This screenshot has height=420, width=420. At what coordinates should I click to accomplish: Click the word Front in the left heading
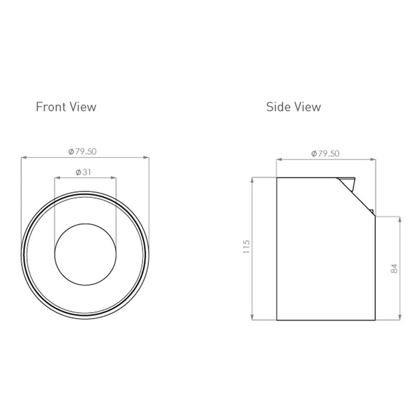click(x=51, y=107)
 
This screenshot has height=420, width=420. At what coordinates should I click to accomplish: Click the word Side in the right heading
click(x=278, y=107)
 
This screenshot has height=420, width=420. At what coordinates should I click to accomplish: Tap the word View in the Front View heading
click(x=83, y=107)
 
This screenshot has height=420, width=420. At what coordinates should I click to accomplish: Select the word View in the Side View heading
click(x=308, y=107)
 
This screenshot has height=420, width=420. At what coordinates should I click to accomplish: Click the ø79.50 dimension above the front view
click(x=82, y=152)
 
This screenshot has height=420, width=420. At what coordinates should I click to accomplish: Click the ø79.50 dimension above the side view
click(x=325, y=153)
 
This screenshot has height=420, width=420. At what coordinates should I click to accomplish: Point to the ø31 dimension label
click(x=83, y=172)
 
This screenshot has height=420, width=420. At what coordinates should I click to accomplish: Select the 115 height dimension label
click(x=246, y=247)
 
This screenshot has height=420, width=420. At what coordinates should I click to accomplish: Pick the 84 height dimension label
click(x=394, y=268)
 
